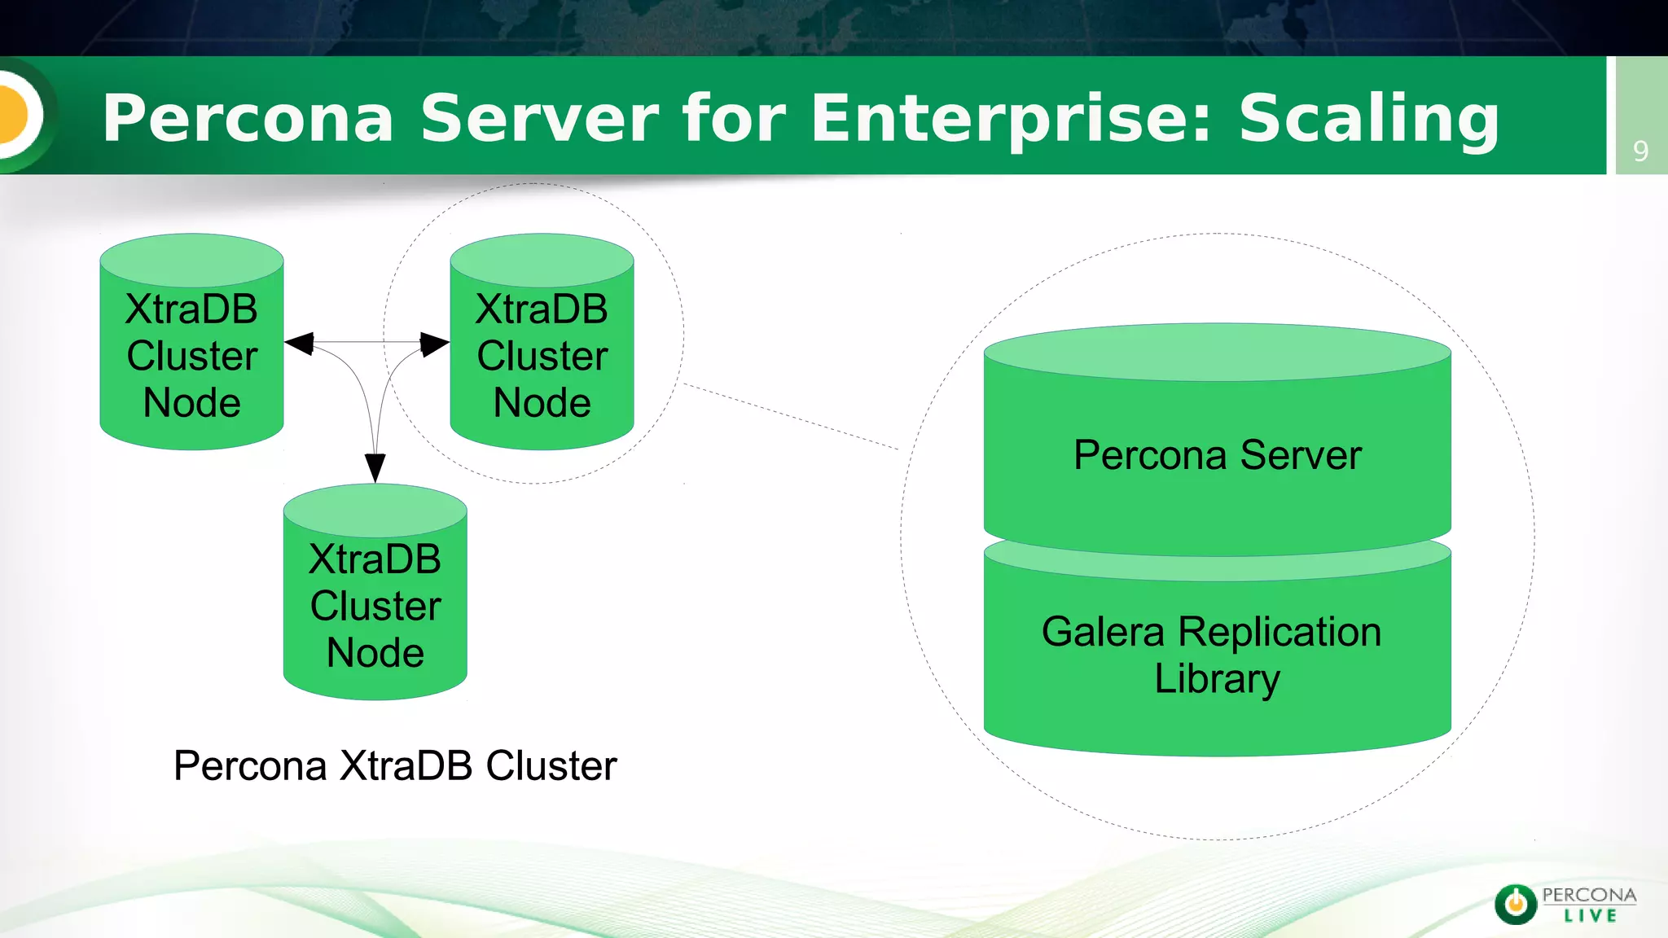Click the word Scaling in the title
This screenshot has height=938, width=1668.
coord(1368,119)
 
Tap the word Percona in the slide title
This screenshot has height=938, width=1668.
coord(248,119)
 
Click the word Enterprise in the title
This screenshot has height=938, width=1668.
coord(1010,119)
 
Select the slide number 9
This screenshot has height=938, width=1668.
coord(1640,151)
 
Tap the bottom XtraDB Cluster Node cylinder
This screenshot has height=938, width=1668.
coord(375,606)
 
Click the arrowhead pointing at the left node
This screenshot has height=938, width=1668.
coord(300,343)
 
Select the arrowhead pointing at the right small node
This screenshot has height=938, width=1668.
coord(434,344)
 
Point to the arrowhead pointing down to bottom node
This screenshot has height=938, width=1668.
coord(375,467)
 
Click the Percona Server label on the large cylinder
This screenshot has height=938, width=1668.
coord(1217,455)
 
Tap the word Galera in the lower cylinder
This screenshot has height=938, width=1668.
coord(1103,632)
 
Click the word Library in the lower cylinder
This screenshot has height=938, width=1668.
coord(1217,679)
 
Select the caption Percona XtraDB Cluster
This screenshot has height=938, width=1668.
coord(395,765)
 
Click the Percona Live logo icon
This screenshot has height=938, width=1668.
coord(1516,904)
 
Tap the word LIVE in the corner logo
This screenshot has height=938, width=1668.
coord(1590,916)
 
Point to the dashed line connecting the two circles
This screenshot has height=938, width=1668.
coord(790,416)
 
